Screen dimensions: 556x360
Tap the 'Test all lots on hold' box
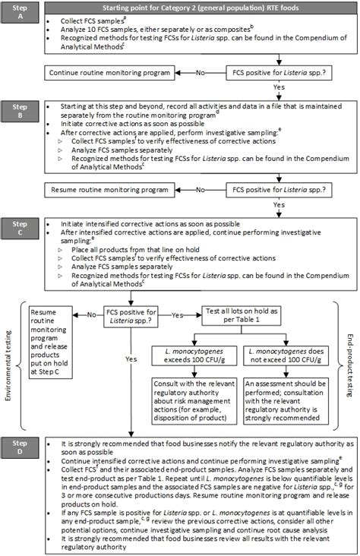click(x=249, y=317)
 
